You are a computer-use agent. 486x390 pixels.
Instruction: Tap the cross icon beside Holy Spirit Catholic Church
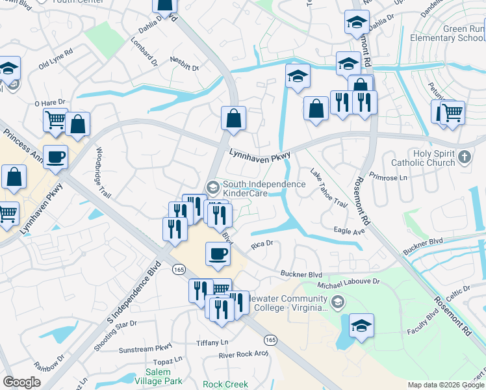pyautogui.click(x=464, y=157)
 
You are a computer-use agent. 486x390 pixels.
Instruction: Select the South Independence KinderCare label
pyautogui.click(x=264, y=188)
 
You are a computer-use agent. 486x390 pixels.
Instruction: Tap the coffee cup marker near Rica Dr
pyautogui.click(x=218, y=253)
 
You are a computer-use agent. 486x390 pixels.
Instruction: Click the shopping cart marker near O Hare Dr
pyautogui.click(x=55, y=119)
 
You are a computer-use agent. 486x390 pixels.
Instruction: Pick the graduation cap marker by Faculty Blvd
pyautogui.click(x=361, y=326)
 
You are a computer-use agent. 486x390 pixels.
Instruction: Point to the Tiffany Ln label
pyautogui.click(x=213, y=343)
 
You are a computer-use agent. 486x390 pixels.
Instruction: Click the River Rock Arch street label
pyautogui.click(x=244, y=354)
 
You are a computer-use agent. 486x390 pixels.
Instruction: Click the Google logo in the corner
pyautogui.click(x=21, y=382)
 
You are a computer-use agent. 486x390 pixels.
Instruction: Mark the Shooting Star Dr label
pyautogui.click(x=115, y=335)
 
